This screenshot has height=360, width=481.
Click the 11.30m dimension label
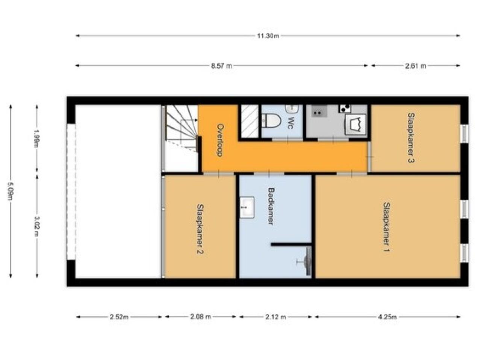coord(268,36)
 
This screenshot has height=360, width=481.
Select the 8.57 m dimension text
coord(221,66)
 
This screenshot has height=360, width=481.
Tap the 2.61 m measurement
coord(415,66)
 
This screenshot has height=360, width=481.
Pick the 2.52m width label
coord(119,317)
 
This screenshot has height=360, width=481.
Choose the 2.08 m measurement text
coord(200,317)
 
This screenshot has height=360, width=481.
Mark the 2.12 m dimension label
coord(275,317)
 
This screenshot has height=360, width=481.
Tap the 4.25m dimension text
coord(387,317)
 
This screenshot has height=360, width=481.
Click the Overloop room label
coord(221,140)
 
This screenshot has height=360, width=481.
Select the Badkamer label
coord(271,206)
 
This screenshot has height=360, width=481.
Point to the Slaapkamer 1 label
coord(387,227)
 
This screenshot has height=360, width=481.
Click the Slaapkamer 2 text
coord(200,229)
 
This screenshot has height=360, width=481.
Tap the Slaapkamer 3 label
coord(411,138)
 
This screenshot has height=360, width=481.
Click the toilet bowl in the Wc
coord(272,121)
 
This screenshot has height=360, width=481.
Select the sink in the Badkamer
coord(247,207)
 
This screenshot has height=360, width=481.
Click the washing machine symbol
coord(355,124)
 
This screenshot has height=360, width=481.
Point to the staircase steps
coord(181,128)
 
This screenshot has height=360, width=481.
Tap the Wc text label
coord(291,122)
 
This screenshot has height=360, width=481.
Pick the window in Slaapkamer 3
coord(464,134)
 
